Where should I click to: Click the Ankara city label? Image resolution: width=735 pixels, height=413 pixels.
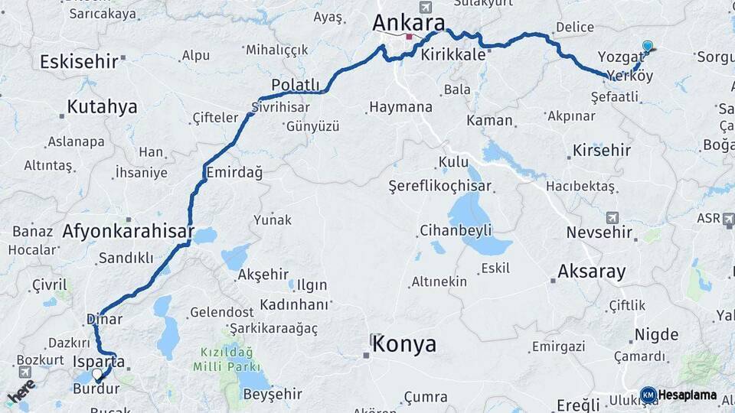[x=408, y=23]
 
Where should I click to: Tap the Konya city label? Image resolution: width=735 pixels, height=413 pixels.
[x=404, y=344]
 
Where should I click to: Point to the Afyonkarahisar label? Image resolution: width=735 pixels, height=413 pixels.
[x=129, y=231]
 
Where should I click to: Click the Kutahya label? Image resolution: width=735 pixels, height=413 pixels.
[x=102, y=107]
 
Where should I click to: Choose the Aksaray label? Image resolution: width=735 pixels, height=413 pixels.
[x=591, y=271]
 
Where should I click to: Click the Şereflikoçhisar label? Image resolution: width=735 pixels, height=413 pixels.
[x=439, y=186]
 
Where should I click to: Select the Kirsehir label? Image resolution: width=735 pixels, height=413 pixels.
[x=602, y=150]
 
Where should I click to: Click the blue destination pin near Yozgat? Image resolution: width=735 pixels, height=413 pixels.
[x=648, y=47]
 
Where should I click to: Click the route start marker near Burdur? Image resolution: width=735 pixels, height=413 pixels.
[x=97, y=376]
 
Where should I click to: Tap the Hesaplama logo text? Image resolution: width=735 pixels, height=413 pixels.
[x=687, y=395]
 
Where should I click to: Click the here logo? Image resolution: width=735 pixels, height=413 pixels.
[x=21, y=392]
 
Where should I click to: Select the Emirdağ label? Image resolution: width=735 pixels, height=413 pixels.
[x=234, y=173]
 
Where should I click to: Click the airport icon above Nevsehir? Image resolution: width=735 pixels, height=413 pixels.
[x=612, y=217]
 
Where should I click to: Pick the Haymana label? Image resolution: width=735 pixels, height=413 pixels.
[x=400, y=107]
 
